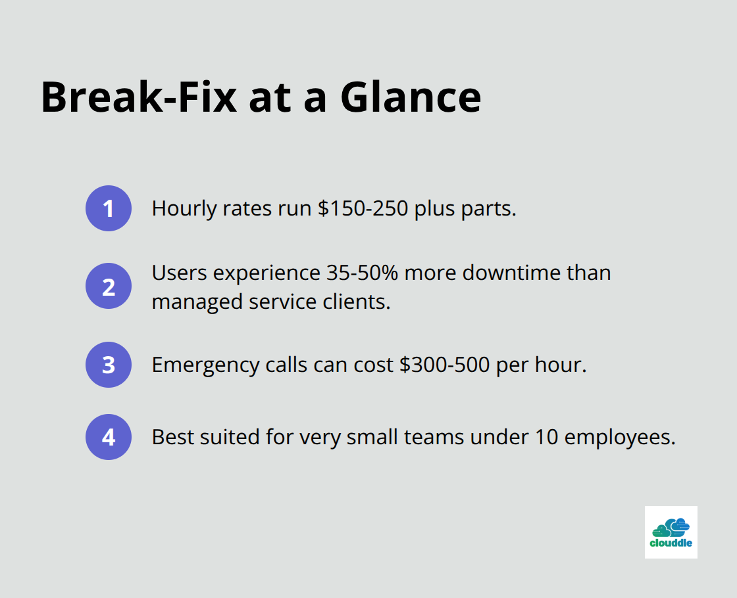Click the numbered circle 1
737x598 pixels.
click(109, 208)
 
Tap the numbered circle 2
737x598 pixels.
click(109, 286)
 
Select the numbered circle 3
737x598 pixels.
click(109, 365)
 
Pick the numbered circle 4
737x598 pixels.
click(109, 437)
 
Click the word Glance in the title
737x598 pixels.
click(411, 97)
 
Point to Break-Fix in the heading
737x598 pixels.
click(139, 97)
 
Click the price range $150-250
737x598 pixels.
click(363, 208)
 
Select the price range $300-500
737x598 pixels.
click(445, 364)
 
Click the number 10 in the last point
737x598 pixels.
click(546, 437)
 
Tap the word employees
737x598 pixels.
click(619, 438)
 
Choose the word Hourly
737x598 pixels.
click(184, 209)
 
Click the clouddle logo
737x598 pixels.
click(671, 532)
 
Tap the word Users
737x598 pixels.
click(179, 273)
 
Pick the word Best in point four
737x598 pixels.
click(172, 437)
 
